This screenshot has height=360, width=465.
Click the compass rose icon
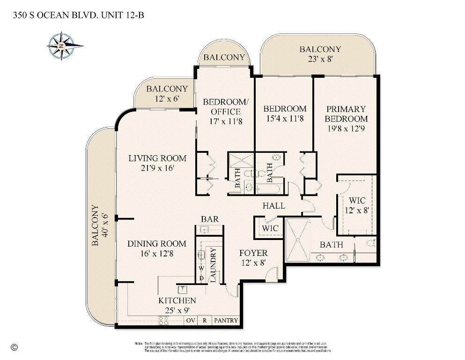61,46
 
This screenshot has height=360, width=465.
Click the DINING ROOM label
156,243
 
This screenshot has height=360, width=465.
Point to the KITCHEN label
177,300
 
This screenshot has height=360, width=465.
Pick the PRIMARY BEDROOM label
346,114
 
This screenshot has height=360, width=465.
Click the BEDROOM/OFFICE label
225,106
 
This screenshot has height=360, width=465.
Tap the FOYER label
253,253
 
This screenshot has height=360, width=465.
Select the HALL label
273,206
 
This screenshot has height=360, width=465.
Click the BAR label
209,219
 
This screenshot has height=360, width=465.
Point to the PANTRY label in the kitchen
226,321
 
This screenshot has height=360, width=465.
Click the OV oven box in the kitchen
191,321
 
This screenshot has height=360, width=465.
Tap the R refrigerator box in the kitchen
204,321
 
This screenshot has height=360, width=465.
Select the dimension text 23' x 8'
320,59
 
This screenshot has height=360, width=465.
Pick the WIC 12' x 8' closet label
357,205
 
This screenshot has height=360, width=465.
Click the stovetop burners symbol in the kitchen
164,321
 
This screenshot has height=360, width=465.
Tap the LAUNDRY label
213,264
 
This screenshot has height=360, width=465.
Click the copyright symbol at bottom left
14,347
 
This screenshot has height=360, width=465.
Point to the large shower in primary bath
298,240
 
